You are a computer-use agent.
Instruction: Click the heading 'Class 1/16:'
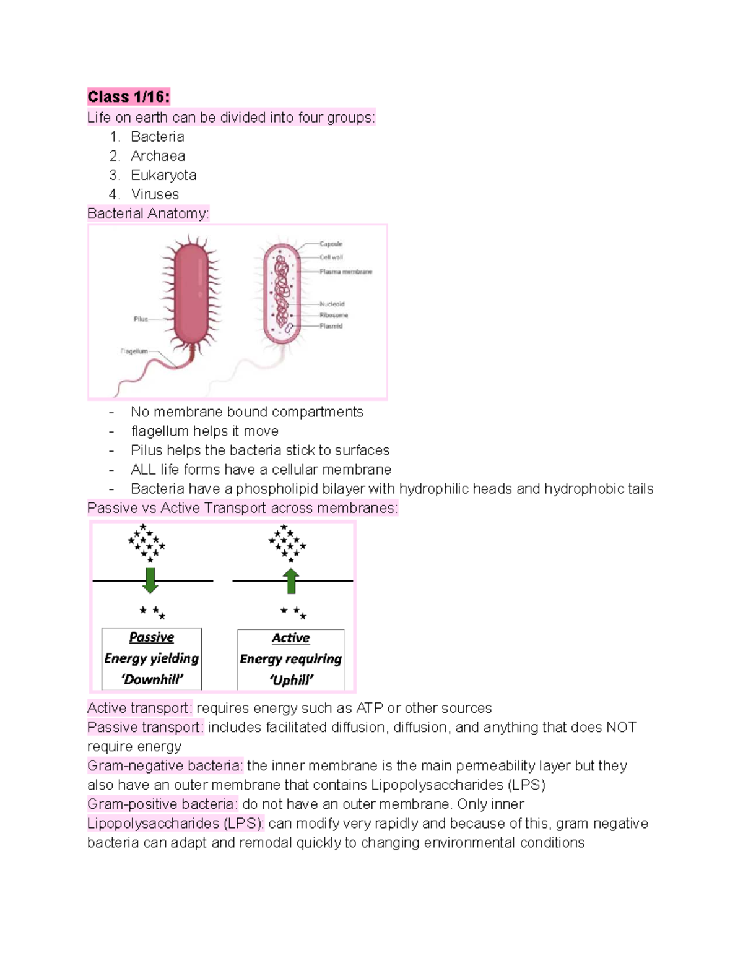click(128, 97)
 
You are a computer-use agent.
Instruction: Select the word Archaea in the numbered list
click(158, 156)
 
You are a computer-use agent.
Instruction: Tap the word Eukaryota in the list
click(163, 175)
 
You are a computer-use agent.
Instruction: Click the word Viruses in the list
click(155, 194)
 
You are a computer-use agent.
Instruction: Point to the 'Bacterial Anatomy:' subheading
click(148, 213)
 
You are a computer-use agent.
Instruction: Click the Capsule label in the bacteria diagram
click(331, 244)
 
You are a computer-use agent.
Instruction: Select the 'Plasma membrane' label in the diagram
click(345, 272)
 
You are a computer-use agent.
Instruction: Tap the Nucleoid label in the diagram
click(332, 304)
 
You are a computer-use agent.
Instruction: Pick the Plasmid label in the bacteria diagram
click(331, 326)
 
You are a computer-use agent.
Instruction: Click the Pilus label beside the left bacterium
click(141, 319)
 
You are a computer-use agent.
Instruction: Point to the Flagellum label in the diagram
click(134, 351)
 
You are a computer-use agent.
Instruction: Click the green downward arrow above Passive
click(150, 580)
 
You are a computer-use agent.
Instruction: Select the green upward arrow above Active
click(290, 581)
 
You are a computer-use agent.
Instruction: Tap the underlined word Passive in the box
click(152, 637)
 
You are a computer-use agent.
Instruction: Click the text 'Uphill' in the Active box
click(291, 680)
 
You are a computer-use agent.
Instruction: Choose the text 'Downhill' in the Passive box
click(152, 679)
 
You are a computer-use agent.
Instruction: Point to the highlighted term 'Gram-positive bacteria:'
click(162, 804)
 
